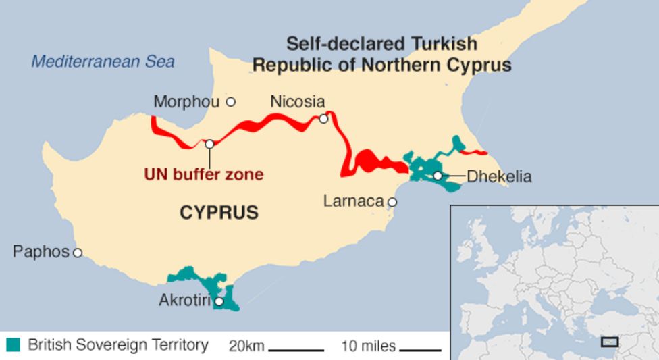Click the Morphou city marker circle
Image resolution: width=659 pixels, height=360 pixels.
tap(230, 102)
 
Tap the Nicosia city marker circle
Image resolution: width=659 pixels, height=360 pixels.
tap(323, 119)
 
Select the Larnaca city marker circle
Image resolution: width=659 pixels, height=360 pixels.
tap(392, 202)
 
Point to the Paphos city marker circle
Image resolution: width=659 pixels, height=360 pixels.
tap(78, 253)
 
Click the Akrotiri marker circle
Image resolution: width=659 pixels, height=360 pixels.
tap(219, 301)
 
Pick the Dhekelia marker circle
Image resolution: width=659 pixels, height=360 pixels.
tap(438, 176)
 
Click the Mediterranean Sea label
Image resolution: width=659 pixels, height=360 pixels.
tap(103, 62)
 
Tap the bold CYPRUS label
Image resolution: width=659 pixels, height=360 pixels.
tap(219, 213)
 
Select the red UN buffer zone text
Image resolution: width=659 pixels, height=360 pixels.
tap(203, 174)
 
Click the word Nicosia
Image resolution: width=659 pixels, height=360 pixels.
tap(297, 102)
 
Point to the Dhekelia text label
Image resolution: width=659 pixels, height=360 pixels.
tap(499, 177)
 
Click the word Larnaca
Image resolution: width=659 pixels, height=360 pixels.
tap(353, 201)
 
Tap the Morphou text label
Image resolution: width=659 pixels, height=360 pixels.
tap(186, 102)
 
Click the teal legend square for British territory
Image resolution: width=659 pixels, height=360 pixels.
tap(14, 345)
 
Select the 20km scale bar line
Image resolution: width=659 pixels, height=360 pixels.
tap(296, 349)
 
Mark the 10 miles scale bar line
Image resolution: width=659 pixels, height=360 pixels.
tap(419, 349)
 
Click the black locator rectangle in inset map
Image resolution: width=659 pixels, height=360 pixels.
tap(610, 342)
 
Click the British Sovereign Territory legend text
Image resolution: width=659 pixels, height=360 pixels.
tap(118, 345)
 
